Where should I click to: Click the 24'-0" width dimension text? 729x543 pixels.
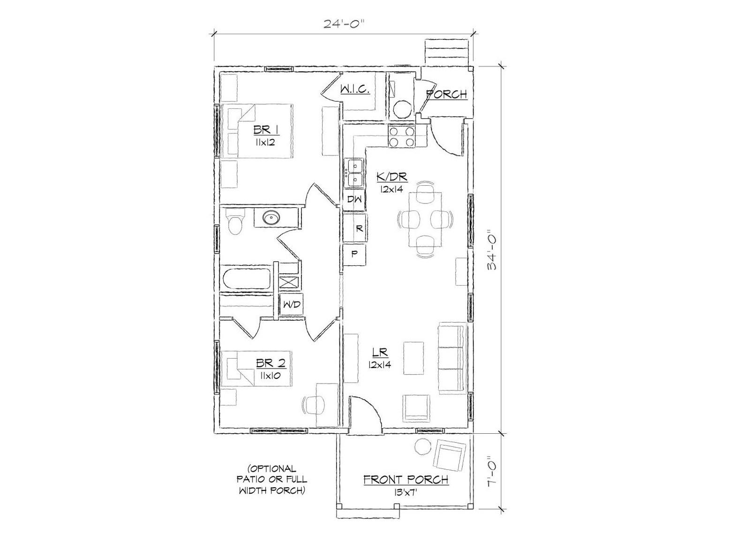pyautogui.click(x=344, y=24)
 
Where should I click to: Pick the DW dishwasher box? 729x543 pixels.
pyautogui.click(x=354, y=199)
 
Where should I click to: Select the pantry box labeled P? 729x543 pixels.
pyautogui.click(x=355, y=255)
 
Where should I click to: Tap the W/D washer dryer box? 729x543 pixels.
pyautogui.click(x=291, y=305)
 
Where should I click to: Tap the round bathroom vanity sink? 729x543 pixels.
pyautogui.click(x=271, y=218)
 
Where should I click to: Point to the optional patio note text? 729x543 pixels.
pyautogui.click(x=273, y=480)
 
